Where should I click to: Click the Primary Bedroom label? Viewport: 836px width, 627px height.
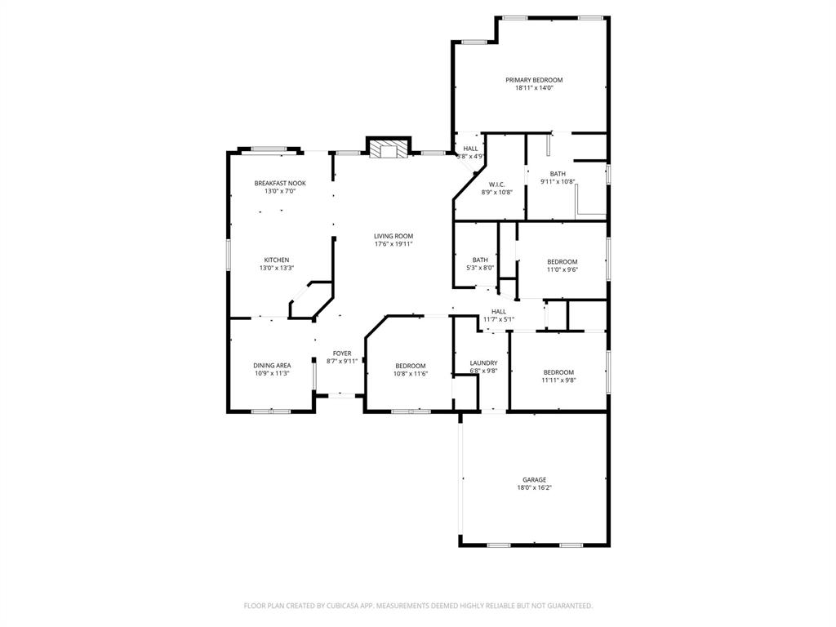[534, 80]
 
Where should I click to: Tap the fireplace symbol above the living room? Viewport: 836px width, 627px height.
[386, 149]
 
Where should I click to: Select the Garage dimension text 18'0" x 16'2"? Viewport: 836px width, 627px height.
[534, 487]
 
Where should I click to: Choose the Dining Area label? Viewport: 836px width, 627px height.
[272, 365]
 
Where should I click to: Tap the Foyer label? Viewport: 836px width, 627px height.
[342, 353]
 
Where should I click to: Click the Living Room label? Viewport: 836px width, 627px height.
[394, 236]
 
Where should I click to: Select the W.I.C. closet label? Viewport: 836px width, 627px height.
[496, 185]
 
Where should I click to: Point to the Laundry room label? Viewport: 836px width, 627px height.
[483, 362]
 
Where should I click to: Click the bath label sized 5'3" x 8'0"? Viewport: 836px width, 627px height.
[480, 260]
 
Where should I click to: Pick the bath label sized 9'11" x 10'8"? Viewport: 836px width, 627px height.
[558, 174]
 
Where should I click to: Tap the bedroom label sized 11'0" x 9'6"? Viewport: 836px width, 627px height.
[562, 261]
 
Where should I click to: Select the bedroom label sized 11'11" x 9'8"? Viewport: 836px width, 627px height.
[558, 371]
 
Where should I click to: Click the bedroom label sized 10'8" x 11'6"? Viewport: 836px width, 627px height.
[410, 365]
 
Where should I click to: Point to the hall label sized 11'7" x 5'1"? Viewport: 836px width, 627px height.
[499, 311]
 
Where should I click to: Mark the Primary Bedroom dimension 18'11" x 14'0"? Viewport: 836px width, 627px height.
[534, 88]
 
